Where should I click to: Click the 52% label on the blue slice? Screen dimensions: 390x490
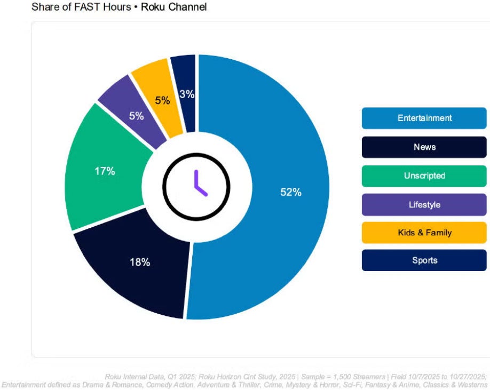pos(291,193)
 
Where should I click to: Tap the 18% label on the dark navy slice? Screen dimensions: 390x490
pos(140,262)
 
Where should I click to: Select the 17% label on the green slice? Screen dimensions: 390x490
pos(105,171)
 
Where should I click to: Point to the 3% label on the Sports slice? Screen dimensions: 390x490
pos(187,94)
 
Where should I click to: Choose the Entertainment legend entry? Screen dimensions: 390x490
pos(424,118)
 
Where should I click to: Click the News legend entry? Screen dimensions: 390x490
pos(424,147)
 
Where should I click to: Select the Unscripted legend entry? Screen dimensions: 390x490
pos(424,176)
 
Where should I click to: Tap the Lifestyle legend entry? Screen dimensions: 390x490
pos(424,204)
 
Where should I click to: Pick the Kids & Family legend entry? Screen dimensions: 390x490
pos(424,233)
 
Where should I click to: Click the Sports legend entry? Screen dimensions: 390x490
pos(424,260)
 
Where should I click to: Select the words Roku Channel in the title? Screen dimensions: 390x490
pos(173,7)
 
